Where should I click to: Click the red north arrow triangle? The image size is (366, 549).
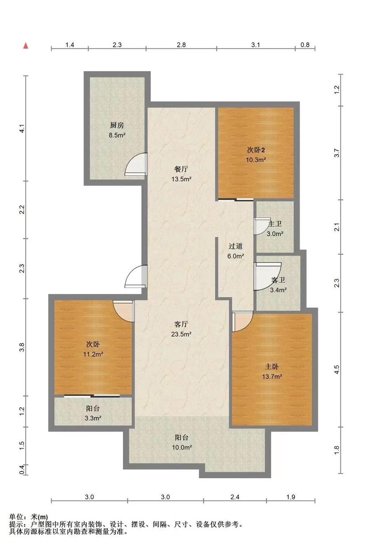pyautogui.click(x=26, y=46)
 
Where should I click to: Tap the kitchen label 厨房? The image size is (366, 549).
pyautogui.click(x=117, y=126)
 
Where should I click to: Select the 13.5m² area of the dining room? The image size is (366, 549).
pyautogui.click(x=181, y=179)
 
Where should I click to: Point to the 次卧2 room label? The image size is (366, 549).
pyautogui.click(x=256, y=150)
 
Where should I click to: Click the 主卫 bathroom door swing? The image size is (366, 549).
pyautogui.click(x=259, y=226)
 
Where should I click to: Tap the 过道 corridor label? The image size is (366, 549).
pyautogui.click(x=236, y=246)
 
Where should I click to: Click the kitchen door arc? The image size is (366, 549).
pyautogui.click(x=135, y=164)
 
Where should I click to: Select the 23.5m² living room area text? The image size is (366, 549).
pyautogui.click(x=181, y=334)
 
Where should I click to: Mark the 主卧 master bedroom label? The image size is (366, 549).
pyautogui.click(x=272, y=367)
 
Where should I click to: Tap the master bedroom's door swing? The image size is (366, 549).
pyautogui.click(x=242, y=322)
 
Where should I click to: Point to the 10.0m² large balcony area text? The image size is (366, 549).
pyautogui.click(x=182, y=447)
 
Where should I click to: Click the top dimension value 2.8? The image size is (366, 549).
pyautogui.click(x=181, y=45)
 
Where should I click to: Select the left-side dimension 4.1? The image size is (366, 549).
pyautogui.click(x=22, y=129)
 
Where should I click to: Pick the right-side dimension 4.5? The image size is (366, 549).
pyautogui.click(x=337, y=369)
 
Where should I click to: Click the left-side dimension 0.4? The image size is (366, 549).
pyautogui.click(x=22, y=469)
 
